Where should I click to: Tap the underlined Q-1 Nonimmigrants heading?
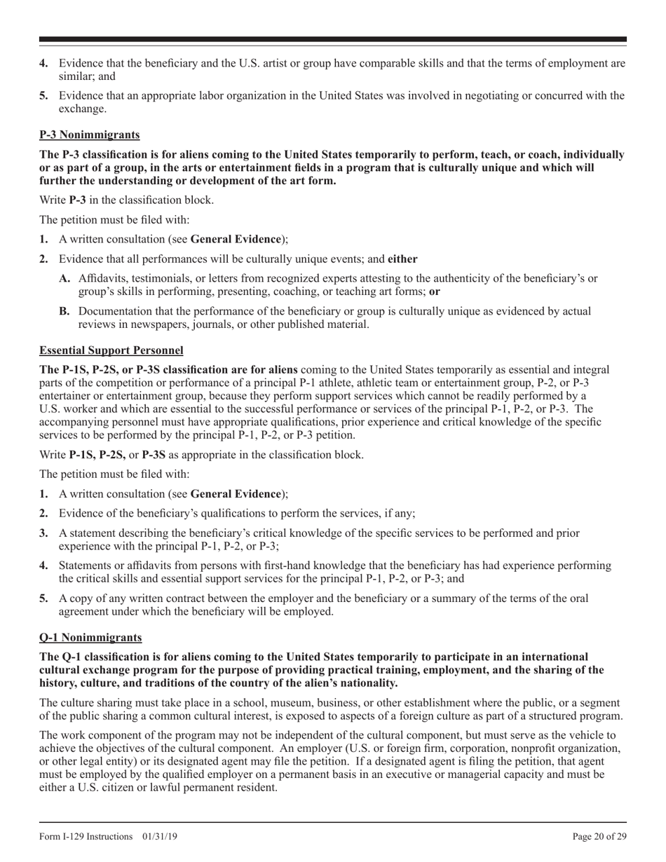tap(91, 637)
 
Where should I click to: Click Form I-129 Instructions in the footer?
tap(86, 837)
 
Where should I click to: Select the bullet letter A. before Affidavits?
tap(65, 278)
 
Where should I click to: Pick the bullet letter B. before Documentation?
tap(65, 310)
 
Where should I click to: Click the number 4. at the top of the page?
tap(43, 63)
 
